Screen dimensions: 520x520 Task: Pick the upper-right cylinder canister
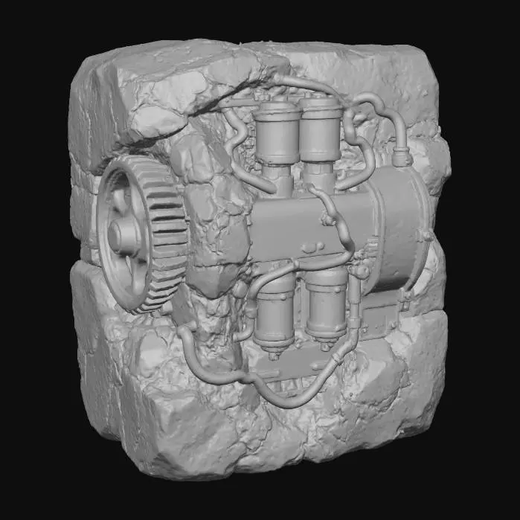point(321,132)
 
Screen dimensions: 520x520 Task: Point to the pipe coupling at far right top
point(402,157)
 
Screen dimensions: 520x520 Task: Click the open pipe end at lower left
point(183,334)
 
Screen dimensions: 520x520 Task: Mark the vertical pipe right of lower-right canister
point(356,312)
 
